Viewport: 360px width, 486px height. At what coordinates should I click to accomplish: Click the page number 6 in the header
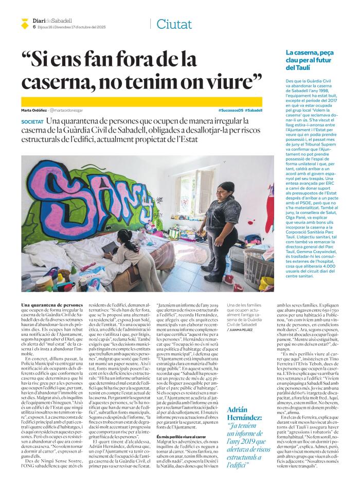coord(34,27)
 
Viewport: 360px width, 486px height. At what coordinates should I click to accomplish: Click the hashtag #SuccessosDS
coord(230,111)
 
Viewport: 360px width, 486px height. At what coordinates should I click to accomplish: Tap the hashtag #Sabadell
coord(254,111)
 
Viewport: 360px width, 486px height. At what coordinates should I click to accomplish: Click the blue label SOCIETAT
coord(33,121)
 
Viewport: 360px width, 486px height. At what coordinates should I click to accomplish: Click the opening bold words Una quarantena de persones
coord(52,305)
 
